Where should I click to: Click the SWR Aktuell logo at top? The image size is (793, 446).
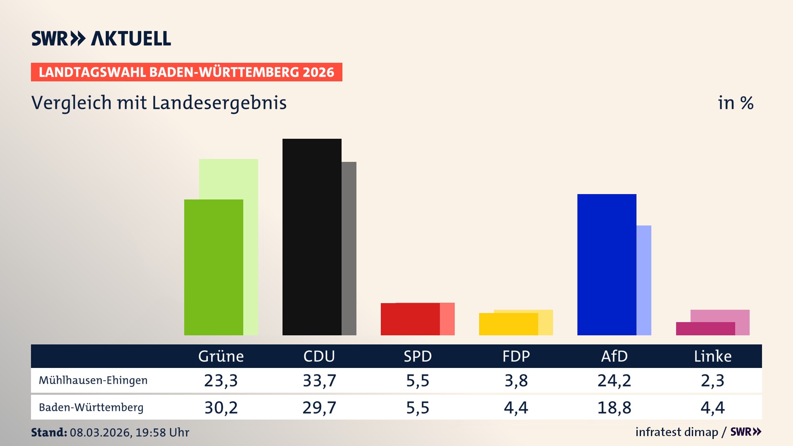pos(101,38)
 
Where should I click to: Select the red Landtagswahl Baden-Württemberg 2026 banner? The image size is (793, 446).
pos(186,72)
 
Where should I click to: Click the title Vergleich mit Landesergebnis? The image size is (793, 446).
pos(159,103)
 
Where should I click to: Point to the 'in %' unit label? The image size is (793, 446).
pos(735,103)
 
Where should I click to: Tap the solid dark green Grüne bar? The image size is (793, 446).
pos(214,267)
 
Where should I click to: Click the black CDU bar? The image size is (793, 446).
pos(312,237)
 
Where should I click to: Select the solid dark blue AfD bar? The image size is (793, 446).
pos(606,264)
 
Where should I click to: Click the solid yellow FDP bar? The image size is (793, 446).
pos(508,324)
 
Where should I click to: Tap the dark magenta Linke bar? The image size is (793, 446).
pos(705,329)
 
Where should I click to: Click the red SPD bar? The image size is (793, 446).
pos(410,319)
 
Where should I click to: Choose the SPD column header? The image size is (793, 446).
pos(418,356)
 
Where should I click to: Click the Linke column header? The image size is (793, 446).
pos(712,356)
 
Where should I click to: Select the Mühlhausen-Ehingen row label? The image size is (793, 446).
pos(93,380)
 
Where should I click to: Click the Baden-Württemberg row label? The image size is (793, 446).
pos(91,408)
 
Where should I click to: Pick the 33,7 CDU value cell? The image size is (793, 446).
pos(319,380)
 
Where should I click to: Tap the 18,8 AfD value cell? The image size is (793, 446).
pos(614,408)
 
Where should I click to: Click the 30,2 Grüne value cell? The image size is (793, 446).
pos(221,408)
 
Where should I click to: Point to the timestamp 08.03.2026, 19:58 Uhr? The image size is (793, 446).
pos(129,432)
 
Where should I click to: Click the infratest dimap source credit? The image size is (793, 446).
pos(677,432)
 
